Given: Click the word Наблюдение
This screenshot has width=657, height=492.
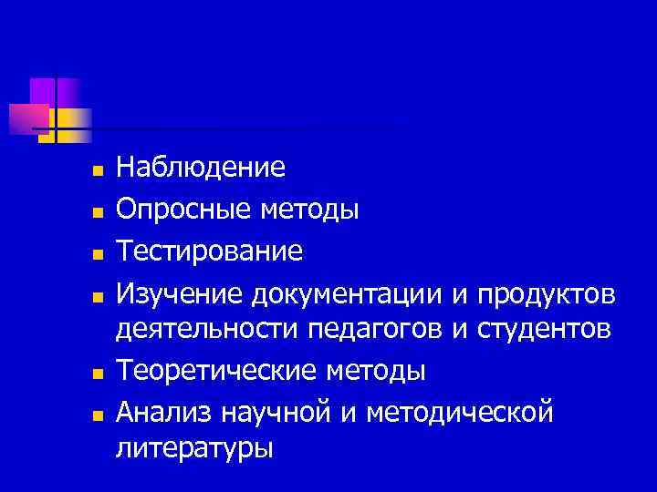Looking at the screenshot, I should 201,168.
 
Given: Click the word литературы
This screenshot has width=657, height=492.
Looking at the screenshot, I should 193,450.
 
